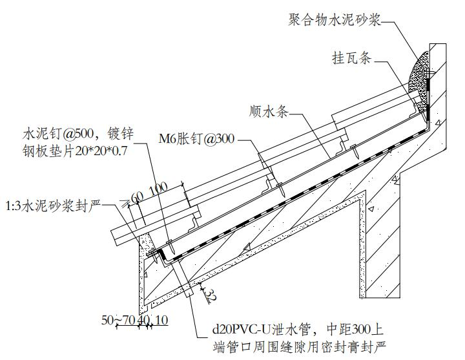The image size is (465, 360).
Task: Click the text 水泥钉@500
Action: tap(53, 134)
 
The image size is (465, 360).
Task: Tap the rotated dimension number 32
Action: tap(209, 295)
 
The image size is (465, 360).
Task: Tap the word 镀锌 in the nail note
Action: tap(120, 134)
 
